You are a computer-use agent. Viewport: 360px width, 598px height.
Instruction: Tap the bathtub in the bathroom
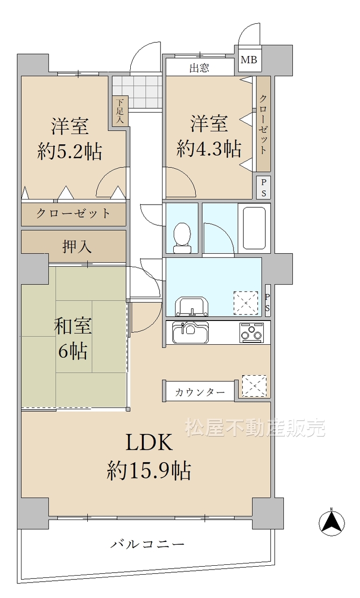254,228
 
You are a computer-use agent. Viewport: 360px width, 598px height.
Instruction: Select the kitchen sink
191,332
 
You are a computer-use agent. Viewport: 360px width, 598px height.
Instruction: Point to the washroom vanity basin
191,306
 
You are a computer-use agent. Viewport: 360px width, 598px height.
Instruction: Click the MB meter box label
249,60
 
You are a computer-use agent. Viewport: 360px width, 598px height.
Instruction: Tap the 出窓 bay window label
199,68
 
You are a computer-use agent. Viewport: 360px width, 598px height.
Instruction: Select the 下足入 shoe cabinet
120,111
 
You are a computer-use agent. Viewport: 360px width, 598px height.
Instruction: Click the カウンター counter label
200,392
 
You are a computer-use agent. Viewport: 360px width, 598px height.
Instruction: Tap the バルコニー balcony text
147,544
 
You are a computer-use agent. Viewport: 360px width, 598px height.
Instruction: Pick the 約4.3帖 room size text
209,148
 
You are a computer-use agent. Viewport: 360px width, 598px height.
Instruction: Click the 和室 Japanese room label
73,326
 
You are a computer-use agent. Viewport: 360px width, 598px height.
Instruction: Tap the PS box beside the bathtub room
263,187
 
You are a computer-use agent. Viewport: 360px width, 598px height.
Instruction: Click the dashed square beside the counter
254,385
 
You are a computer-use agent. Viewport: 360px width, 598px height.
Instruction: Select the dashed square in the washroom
246,303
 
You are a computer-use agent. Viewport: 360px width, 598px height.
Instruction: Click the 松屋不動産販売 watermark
255,427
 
